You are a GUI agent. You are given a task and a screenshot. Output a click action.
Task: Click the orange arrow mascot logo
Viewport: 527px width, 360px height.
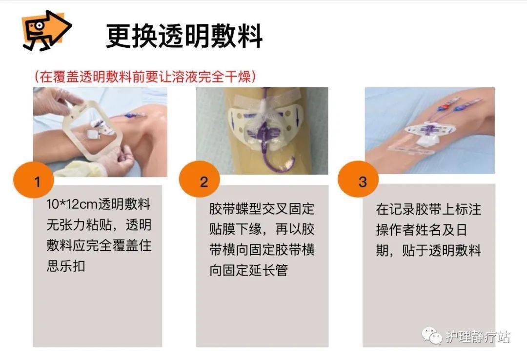point(46,30)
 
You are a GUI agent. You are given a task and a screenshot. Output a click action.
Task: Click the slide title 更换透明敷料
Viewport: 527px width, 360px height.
point(184,36)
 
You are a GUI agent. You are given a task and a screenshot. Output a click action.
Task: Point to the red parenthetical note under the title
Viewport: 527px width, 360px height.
point(146,76)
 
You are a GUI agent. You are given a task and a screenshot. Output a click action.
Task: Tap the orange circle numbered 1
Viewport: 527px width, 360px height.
point(38,182)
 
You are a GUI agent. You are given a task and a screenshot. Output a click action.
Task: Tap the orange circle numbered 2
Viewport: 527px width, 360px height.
point(203,182)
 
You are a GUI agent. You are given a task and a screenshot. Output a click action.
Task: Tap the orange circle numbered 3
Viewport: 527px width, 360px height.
point(362,182)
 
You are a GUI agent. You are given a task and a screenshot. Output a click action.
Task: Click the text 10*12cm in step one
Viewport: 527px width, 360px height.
point(72,204)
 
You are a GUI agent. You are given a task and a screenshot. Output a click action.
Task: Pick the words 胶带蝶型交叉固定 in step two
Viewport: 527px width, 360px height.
point(262,209)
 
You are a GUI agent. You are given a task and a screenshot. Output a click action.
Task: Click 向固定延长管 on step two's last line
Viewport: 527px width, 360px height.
point(248,270)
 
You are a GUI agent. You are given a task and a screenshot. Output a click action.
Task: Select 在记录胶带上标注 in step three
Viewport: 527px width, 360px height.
point(428,209)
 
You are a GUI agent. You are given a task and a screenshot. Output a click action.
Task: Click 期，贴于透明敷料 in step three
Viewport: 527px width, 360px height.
point(428,251)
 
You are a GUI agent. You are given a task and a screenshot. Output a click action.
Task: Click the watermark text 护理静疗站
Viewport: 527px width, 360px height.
point(478,337)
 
